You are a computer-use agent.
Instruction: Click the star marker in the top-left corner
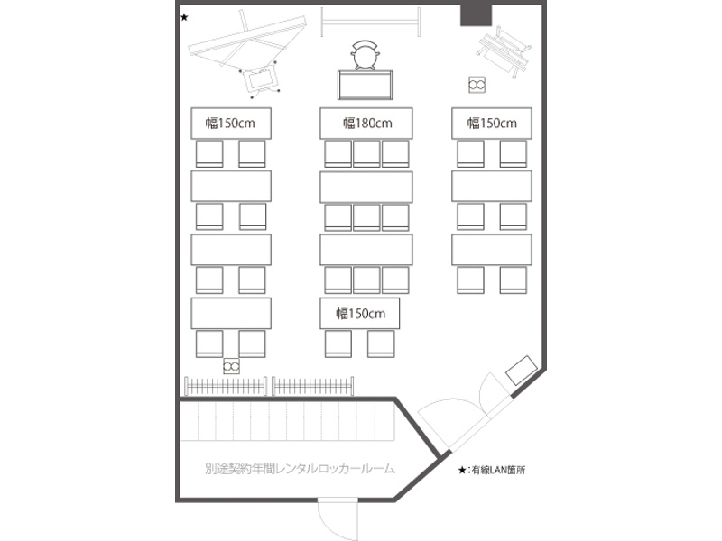[184, 18]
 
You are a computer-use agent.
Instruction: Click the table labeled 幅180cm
[366, 124]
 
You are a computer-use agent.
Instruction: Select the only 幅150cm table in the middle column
[359, 313]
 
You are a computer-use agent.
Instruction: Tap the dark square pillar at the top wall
[477, 14]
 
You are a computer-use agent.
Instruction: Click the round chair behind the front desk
[365, 55]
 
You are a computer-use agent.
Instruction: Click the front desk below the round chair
[366, 85]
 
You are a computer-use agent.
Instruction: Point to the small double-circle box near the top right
[477, 85]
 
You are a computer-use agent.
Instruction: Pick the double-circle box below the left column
[231, 366]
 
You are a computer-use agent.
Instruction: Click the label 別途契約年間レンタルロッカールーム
[300, 469]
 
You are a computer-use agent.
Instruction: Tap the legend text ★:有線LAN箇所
[491, 470]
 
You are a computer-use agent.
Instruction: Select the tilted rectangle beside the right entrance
[522, 371]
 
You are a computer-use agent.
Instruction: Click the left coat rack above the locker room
[226, 386]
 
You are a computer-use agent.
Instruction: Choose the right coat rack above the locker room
[313, 386]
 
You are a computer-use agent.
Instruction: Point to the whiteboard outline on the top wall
[370, 22]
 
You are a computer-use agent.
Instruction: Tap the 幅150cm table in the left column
[231, 124]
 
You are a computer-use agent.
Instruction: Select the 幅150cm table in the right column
[492, 124]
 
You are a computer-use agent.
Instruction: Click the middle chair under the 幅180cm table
[366, 154]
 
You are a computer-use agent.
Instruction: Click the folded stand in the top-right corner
[504, 51]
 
